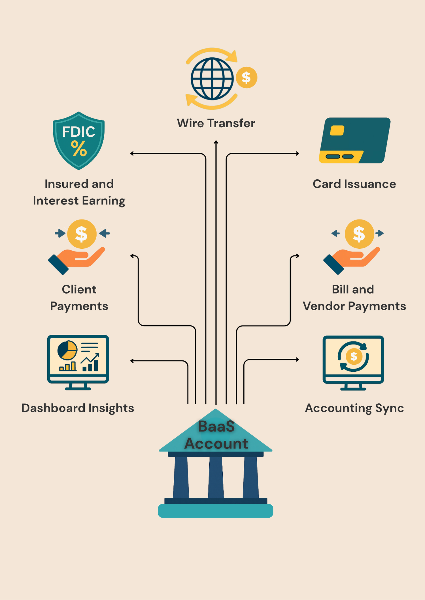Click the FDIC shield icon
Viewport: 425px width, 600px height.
click(x=79, y=141)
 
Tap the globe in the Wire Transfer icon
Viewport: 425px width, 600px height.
click(x=212, y=79)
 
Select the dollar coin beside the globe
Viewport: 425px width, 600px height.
click(x=246, y=78)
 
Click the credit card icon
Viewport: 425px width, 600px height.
click(x=354, y=140)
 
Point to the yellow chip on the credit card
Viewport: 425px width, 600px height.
click(x=337, y=130)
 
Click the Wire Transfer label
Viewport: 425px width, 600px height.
click(x=216, y=123)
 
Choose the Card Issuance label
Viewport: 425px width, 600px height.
click(x=354, y=184)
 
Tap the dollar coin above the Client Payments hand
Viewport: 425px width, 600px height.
click(x=82, y=234)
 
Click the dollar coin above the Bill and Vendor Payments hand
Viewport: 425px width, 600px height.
click(x=359, y=234)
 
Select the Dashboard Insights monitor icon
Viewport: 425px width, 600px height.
click(x=78, y=362)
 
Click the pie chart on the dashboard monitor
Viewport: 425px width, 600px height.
click(x=67, y=350)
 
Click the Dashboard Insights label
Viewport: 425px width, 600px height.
click(x=78, y=408)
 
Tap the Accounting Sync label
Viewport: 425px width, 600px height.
click(x=354, y=408)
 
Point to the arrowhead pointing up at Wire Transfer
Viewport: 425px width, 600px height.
click(x=216, y=142)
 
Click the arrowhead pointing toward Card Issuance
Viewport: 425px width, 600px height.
click(x=297, y=154)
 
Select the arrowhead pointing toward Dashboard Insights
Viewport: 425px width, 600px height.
click(x=132, y=361)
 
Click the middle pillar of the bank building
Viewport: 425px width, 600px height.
click(x=216, y=477)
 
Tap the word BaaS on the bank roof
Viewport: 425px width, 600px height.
click(x=216, y=426)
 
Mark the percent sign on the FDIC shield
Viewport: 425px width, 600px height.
click(x=79, y=149)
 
